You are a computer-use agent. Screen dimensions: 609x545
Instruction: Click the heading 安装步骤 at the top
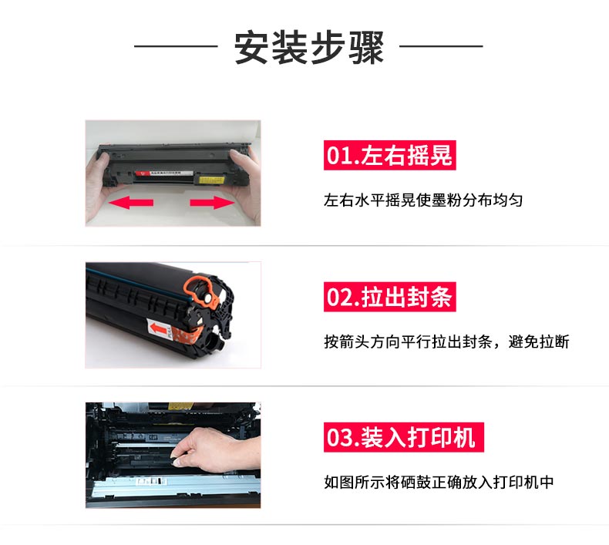pyautogui.click(x=309, y=47)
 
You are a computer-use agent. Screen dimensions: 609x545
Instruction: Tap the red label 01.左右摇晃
pyautogui.click(x=389, y=155)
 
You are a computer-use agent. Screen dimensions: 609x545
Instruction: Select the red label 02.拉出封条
pyautogui.click(x=389, y=297)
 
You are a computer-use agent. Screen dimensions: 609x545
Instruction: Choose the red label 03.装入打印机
pyautogui.click(x=403, y=437)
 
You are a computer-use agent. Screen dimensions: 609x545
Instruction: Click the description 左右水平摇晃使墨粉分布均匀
pyautogui.click(x=423, y=200)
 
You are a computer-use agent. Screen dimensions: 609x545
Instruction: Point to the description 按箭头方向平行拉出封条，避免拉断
pyautogui.click(x=446, y=341)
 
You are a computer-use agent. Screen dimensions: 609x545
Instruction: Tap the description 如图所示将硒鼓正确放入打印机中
pyautogui.click(x=439, y=482)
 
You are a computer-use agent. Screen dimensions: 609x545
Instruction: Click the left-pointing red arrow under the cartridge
pyautogui.click(x=131, y=203)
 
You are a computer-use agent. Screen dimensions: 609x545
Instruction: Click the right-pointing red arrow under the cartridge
pyautogui.click(x=212, y=203)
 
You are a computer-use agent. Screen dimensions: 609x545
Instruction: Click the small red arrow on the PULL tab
pyautogui.click(x=159, y=329)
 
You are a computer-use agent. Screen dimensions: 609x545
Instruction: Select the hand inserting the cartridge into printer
pyautogui.click(x=214, y=449)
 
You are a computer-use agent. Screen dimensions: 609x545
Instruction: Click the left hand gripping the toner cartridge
pyautogui.click(x=102, y=183)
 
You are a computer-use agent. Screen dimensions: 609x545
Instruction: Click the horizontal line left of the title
pyautogui.click(x=176, y=46)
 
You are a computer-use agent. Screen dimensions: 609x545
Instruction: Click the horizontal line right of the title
pyautogui.click(x=441, y=46)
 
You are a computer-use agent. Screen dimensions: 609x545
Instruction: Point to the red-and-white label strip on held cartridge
pyautogui.click(x=164, y=173)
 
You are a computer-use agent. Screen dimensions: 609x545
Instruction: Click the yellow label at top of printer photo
pyautogui.click(x=180, y=406)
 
